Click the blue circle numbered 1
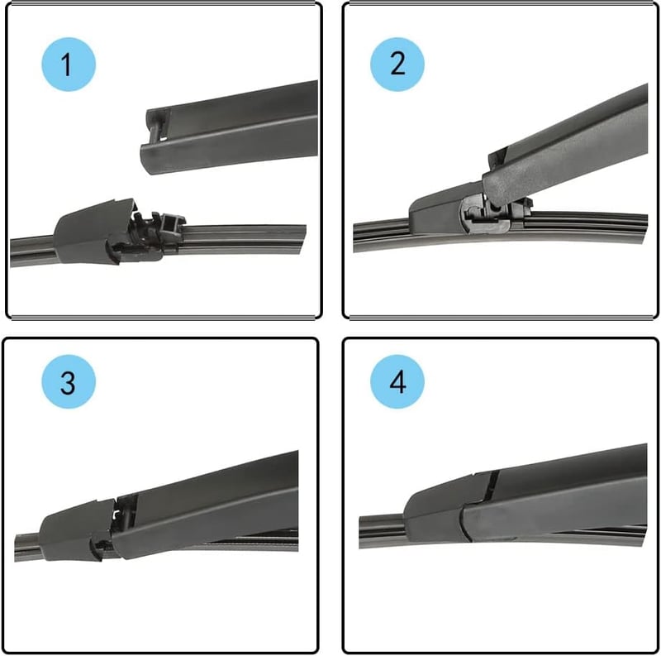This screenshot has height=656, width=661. pos(69,65)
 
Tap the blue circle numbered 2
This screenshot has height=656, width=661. pos(397,65)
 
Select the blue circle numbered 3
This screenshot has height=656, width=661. pos(69,381)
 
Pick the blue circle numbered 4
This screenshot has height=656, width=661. pos(397,381)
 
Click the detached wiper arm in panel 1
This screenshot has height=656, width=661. pos(230,127)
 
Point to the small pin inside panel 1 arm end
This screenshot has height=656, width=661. pos(159,127)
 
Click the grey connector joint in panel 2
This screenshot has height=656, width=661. pos(485,214)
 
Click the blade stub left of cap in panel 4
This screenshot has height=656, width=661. pos(382,531)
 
